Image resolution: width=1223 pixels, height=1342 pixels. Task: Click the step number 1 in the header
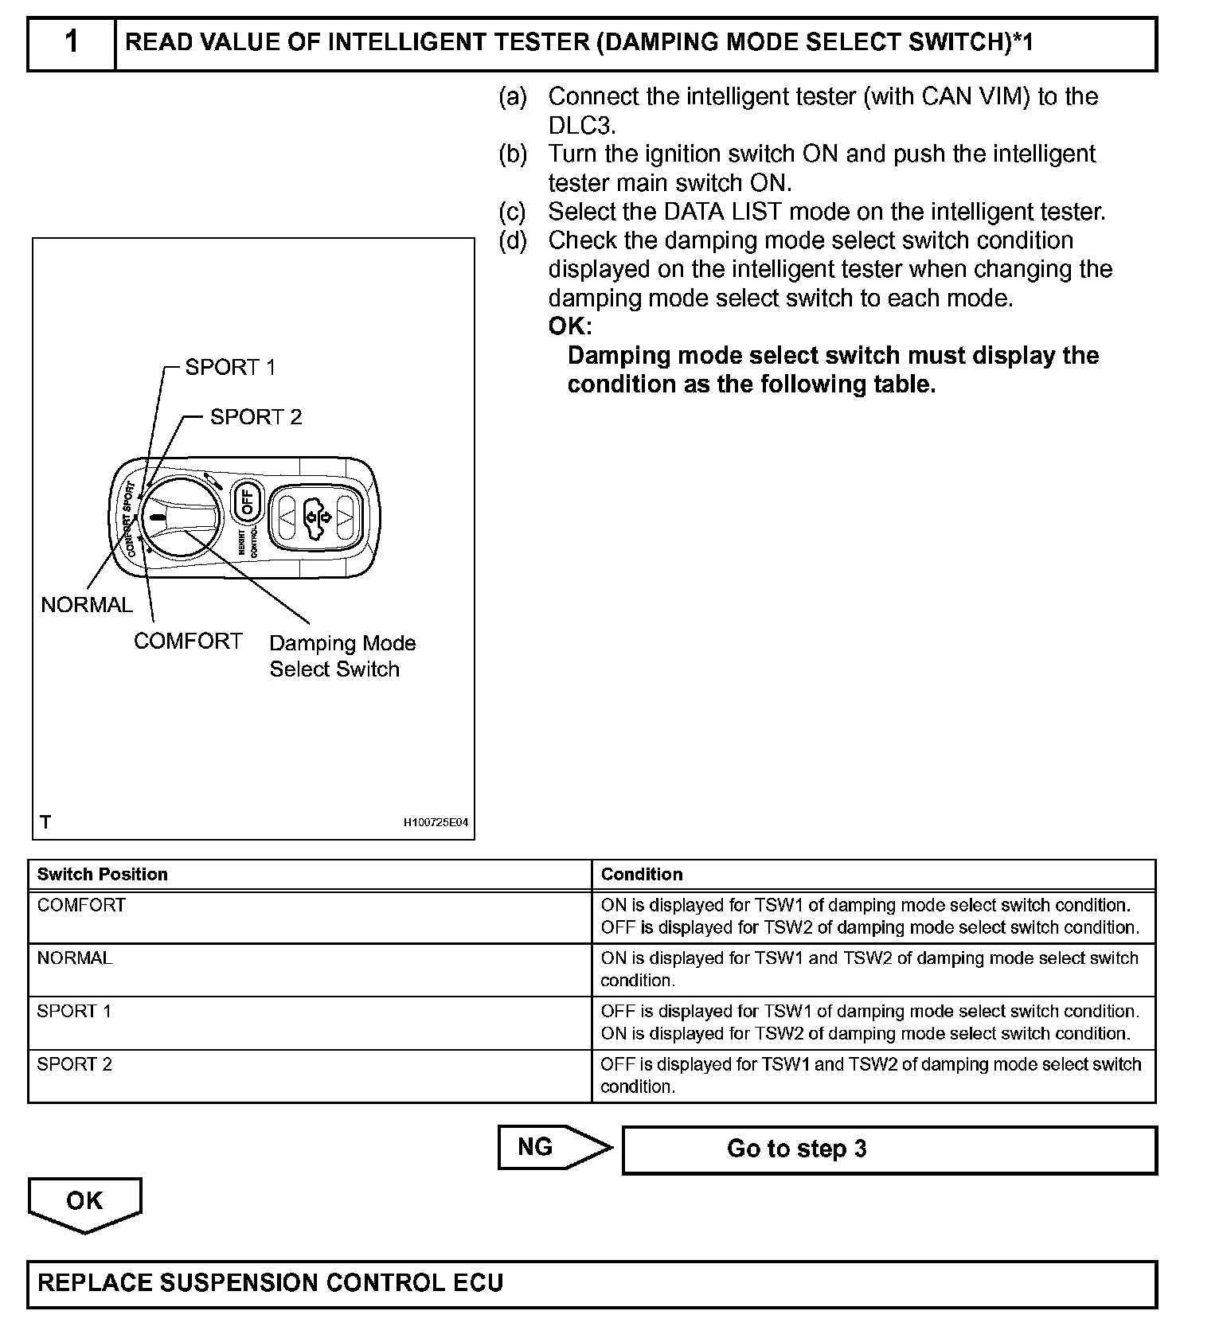(x=72, y=42)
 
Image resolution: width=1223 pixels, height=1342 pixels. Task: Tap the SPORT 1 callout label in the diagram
(x=230, y=368)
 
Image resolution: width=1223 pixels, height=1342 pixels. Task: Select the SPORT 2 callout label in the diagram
(x=256, y=417)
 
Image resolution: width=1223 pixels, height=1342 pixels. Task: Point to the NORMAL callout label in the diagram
(x=87, y=605)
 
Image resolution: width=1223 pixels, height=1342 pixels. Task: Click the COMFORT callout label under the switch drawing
(x=188, y=642)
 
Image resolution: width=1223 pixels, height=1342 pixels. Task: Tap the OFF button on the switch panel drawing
(x=247, y=501)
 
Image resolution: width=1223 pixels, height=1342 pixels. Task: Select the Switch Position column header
(x=103, y=874)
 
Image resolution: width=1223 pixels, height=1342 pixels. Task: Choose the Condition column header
(x=642, y=874)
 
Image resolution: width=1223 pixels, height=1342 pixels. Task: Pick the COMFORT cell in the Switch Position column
(x=81, y=905)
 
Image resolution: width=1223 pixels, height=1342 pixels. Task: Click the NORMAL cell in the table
(x=75, y=958)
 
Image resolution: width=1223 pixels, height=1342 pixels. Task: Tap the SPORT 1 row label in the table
(x=74, y=1011)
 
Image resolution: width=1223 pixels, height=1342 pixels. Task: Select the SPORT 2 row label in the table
(x=74, y=1064)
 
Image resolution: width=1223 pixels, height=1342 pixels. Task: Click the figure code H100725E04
(x=436, y=822)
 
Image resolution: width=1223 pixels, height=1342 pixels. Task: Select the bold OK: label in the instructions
(x=570, y=326)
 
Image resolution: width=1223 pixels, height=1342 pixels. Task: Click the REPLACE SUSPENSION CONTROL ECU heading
(x=271, y=1283)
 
